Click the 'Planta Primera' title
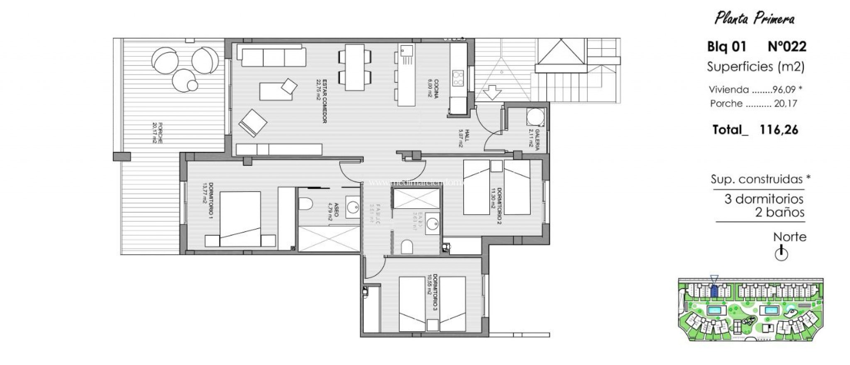click(754, 19)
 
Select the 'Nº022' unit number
click(787, 46)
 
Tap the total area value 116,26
click(779, 130)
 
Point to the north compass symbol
click(781, 253)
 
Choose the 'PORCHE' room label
click(158, 133)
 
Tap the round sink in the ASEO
click(354, 207)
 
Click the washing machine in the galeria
click(535, 117)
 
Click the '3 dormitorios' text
click(764, 199)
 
